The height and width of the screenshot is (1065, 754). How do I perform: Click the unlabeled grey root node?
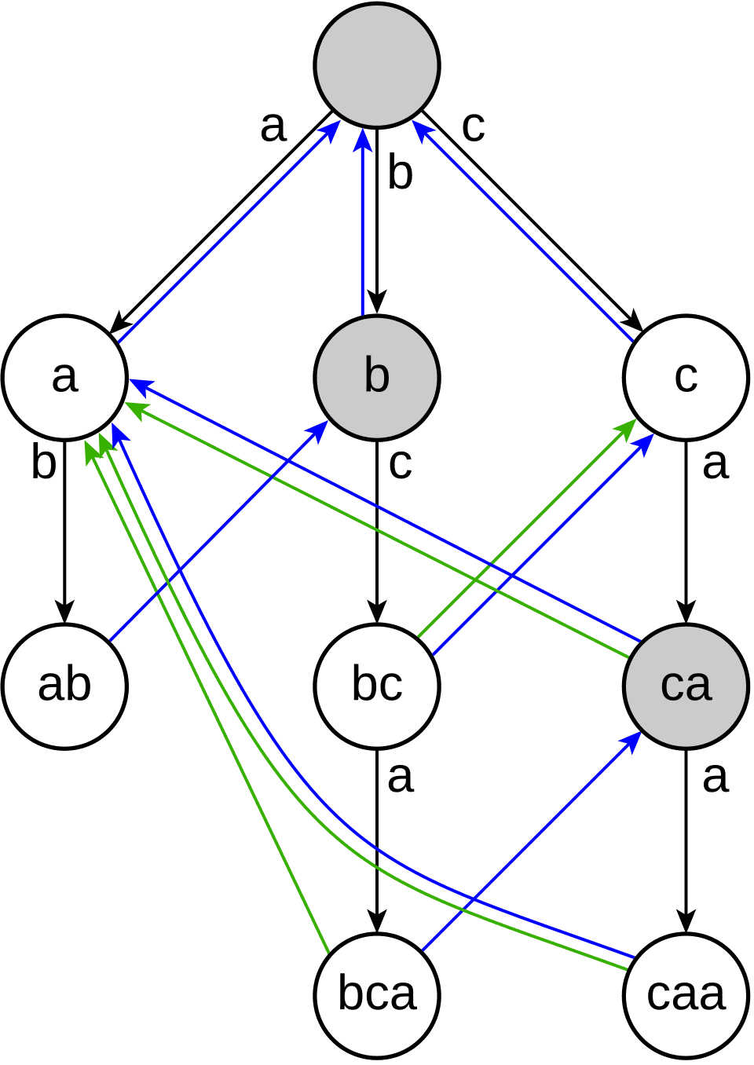pyautogui.click(x=377, y=64)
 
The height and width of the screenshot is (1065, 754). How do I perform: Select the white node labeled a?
pyautogui.click(x=64, y=376)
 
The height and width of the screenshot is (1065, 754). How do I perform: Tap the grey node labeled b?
pyautogui.click(x=377, y=376)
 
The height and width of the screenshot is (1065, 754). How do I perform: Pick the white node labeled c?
pyautogui.click(x=686, y=376)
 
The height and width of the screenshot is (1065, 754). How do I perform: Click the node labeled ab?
pyautogui.click(x=64, y=685)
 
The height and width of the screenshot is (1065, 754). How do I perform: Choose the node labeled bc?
pyautogui.click(x=377, y=685)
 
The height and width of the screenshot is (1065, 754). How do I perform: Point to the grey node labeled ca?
pyautogui.click(x=686, y=685)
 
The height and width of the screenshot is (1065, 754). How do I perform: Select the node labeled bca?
pyautogui.click(x=377, y=994)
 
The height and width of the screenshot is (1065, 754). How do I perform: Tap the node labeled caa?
pyautogui.click(x=686, y=994)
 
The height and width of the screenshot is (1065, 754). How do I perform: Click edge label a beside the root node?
pyautogui.click(x=273, y=126)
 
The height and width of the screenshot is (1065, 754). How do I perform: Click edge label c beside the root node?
pyautogui.click(x=473, y=126)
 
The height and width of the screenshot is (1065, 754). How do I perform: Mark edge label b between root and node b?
pyautogui.click(x=400, y=174)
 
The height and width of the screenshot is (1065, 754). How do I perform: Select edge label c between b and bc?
pyautogui.click(x=400, y=463)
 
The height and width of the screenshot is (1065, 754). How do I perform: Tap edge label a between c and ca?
pyautogui.click(x=715, y=463)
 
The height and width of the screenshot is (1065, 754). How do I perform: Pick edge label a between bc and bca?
pyautogui.click(x=400, y=777)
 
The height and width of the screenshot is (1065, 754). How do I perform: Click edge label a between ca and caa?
pyautogui.click(x=715, y=777)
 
